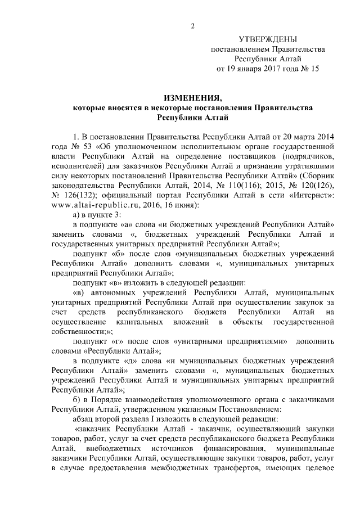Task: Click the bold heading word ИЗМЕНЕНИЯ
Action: click(192, 97)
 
